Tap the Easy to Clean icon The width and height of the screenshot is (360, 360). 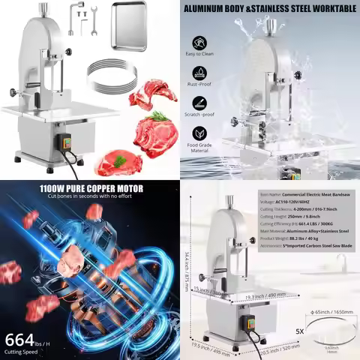click(200, 45)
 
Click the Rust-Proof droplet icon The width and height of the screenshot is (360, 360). click(200, 73)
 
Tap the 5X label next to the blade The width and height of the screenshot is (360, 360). click(301, 329)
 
